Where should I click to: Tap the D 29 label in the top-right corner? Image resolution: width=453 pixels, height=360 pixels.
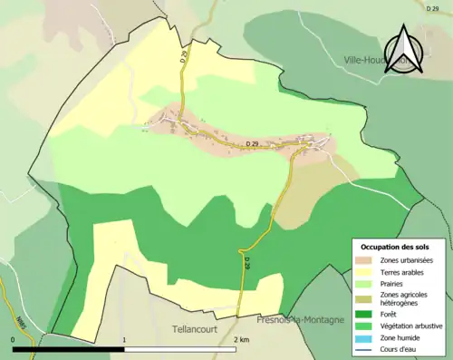433,7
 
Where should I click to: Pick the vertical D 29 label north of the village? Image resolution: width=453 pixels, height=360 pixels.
183,56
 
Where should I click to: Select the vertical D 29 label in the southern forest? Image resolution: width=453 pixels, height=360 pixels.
246,262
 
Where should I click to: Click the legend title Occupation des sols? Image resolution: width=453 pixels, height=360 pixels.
396,246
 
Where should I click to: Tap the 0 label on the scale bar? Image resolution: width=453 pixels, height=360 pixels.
14,339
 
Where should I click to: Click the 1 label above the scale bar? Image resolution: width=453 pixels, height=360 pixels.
124,339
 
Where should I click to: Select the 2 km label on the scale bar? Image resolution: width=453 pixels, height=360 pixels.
240,339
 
